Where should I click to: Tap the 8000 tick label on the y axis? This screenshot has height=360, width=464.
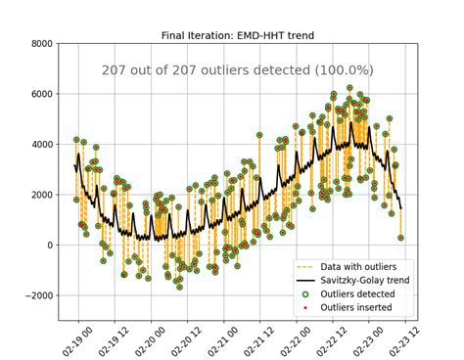point(40,44)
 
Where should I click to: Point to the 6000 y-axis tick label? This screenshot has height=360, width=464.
point(40,94)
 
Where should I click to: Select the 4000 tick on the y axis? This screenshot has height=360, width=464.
point(40,145)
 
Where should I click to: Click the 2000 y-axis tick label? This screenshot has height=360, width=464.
point(40,195)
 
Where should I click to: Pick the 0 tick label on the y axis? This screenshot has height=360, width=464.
point(50,246)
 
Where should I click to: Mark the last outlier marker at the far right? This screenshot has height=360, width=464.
point(400,238)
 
